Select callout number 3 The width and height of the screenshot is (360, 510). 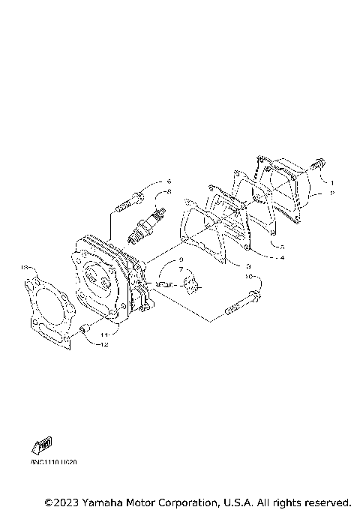[248, 265]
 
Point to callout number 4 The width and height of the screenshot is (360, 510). [282, 258]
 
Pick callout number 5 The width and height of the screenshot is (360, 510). [282, 246]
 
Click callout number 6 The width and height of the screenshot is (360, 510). [169, 181]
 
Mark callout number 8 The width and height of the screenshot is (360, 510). [169, 192]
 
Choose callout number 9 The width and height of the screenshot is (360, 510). [180, 259]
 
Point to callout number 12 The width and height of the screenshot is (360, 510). [106, 345]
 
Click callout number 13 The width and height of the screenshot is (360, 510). [25, 266]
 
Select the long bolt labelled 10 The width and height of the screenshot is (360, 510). [239, 307]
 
